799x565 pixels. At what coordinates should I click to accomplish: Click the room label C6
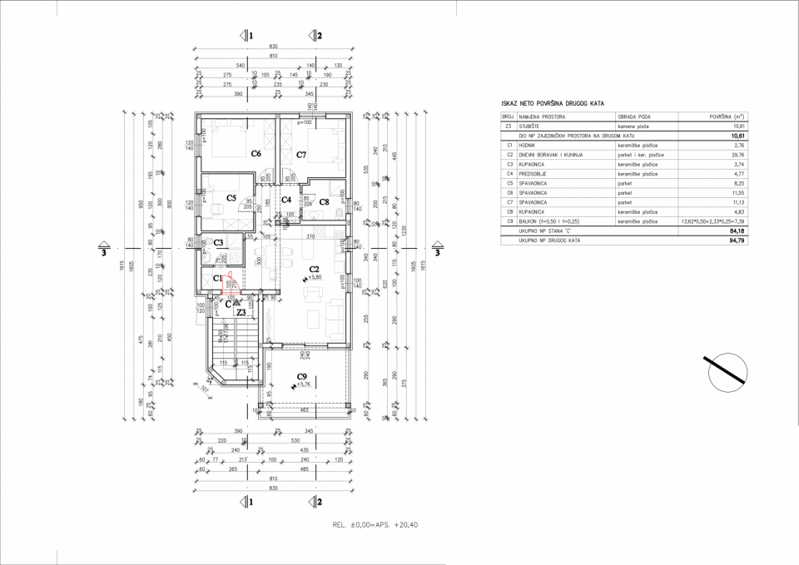[x=256, y=153]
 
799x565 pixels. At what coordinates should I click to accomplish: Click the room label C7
[x=302, y=155]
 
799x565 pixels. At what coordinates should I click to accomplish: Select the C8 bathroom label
[x=325, y=201]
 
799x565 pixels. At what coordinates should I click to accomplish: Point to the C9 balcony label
[x=303, y=377]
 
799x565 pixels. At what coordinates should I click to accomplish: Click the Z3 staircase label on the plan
[x=241, y=313]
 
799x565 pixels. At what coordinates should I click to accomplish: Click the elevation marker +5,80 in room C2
[x=315, y=276]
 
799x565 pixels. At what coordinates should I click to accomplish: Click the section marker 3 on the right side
[x=439, y=251]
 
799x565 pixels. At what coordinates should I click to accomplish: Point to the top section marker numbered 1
[x=246, y=36]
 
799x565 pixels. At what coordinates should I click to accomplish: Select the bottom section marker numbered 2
[x=316, y=502]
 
